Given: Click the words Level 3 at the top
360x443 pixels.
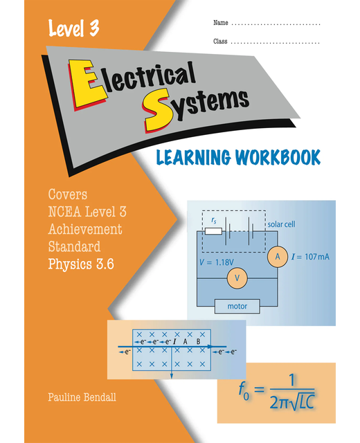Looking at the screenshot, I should point(73,28).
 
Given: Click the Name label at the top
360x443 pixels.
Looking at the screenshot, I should point(220,24).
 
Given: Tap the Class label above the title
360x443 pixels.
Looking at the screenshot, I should point(220,42).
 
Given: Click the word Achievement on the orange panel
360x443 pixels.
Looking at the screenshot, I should point(84,229).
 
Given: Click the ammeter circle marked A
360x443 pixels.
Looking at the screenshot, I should point(277,257).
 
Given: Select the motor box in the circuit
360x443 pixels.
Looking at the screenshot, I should point(237,305).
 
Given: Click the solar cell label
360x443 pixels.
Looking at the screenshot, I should point(283,224).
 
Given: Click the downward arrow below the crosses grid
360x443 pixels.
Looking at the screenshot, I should point(172,374).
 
